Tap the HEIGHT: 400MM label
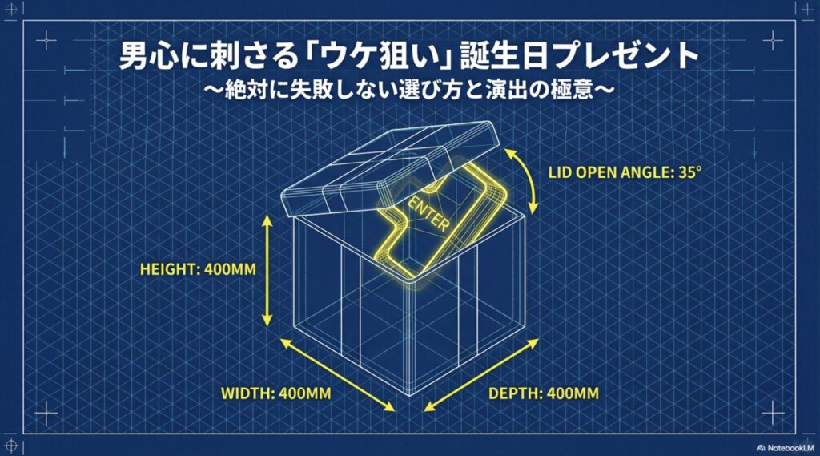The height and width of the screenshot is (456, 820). [x=198, y=269]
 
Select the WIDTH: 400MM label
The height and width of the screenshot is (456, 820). [x=275, y=393]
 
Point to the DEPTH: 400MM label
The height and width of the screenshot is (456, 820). [x=544, y=393]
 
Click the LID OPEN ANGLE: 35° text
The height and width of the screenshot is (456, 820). [x=625, y=172]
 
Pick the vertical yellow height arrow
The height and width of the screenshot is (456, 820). [x=267, y=270]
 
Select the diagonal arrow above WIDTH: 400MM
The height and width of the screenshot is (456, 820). [x=337, y=374]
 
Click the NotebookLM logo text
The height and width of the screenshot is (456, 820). [x=786, y=448]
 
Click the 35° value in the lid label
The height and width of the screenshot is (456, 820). [x=688, y=172]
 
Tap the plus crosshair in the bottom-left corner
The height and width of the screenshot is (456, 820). [x=46, y=413]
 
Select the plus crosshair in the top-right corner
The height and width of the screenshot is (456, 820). [x=774, y=40]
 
